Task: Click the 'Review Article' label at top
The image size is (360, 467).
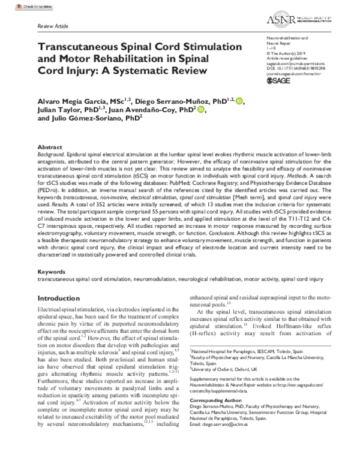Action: coord(53,28)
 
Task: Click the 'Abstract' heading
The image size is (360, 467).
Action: coord(49,146)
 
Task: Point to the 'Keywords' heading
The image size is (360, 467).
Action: coord(51,272)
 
